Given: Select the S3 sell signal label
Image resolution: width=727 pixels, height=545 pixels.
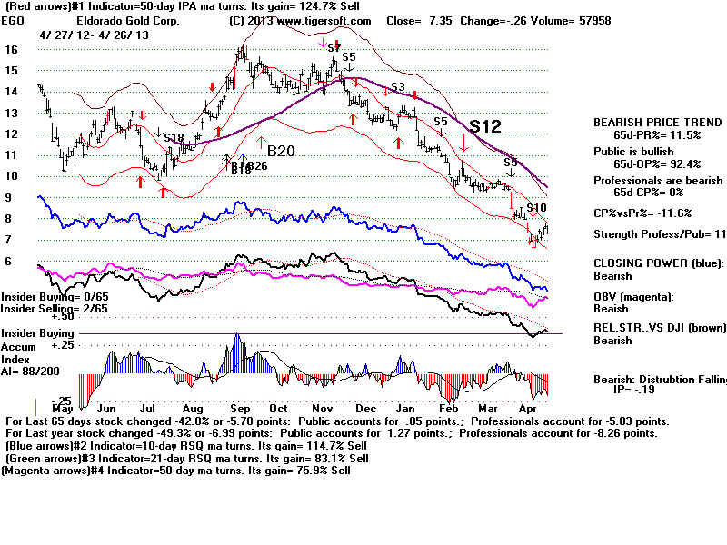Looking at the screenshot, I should click(397, 87).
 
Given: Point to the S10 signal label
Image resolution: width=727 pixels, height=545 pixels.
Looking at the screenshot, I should click(536, 209).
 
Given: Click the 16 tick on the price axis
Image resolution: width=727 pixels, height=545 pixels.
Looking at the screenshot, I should click(11, 49).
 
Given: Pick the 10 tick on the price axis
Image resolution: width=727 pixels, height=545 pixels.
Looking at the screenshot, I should click(11, 176).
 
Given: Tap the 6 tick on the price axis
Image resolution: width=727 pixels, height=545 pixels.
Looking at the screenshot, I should click(8, 262).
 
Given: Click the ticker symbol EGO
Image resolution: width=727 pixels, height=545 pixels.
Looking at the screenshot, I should click(15, 21).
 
